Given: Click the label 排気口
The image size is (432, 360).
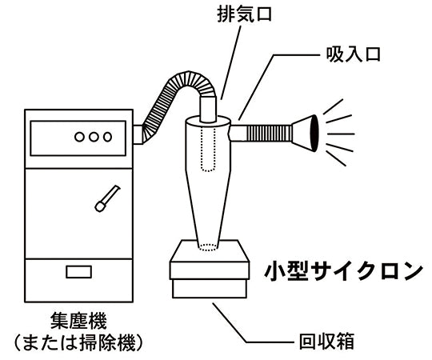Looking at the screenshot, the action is tap(244, 14).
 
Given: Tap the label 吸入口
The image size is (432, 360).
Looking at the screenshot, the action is tap(354, 54).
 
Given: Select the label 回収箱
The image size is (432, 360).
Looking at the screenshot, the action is tap(326, 342).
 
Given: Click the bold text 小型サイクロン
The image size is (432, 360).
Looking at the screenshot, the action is tap(343, 271).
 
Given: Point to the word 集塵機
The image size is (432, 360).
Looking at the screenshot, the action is tap(78, 321).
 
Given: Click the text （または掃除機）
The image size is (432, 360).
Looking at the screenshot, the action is tap(78, 343).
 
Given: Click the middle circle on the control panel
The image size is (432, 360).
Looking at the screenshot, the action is tap(94, 137).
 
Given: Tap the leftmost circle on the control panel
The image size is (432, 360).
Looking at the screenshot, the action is tap(79, 137).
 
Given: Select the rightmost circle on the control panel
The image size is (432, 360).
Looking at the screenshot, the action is tap(107, 137).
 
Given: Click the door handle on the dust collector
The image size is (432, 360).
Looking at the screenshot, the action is tap(107, 198).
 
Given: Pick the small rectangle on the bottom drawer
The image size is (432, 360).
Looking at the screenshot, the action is tap(78, 271).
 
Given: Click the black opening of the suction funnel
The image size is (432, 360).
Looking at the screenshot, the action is tap(314, 133).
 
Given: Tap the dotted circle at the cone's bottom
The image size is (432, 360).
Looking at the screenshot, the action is tap(208, 247).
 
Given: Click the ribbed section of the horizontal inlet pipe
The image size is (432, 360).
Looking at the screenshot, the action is tap(269, 133).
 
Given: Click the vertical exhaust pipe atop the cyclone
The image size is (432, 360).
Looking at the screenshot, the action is tap(208, 110).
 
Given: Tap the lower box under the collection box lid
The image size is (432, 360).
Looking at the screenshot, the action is tap(210, 289).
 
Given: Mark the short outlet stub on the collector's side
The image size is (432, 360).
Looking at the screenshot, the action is tap(138, 134).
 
